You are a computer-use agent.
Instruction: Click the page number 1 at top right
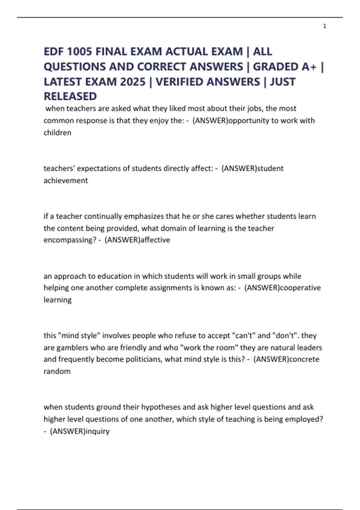tap(325, 26)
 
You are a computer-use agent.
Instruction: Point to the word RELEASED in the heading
tap(70, 96)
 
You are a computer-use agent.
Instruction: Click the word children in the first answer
tap(58, 133)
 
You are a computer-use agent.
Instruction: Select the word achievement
tap(66, 181)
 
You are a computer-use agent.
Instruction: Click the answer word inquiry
tap(97, 431)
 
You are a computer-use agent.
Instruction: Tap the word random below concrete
tap(57, 371)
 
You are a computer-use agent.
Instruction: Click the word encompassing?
tap(70, 240)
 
